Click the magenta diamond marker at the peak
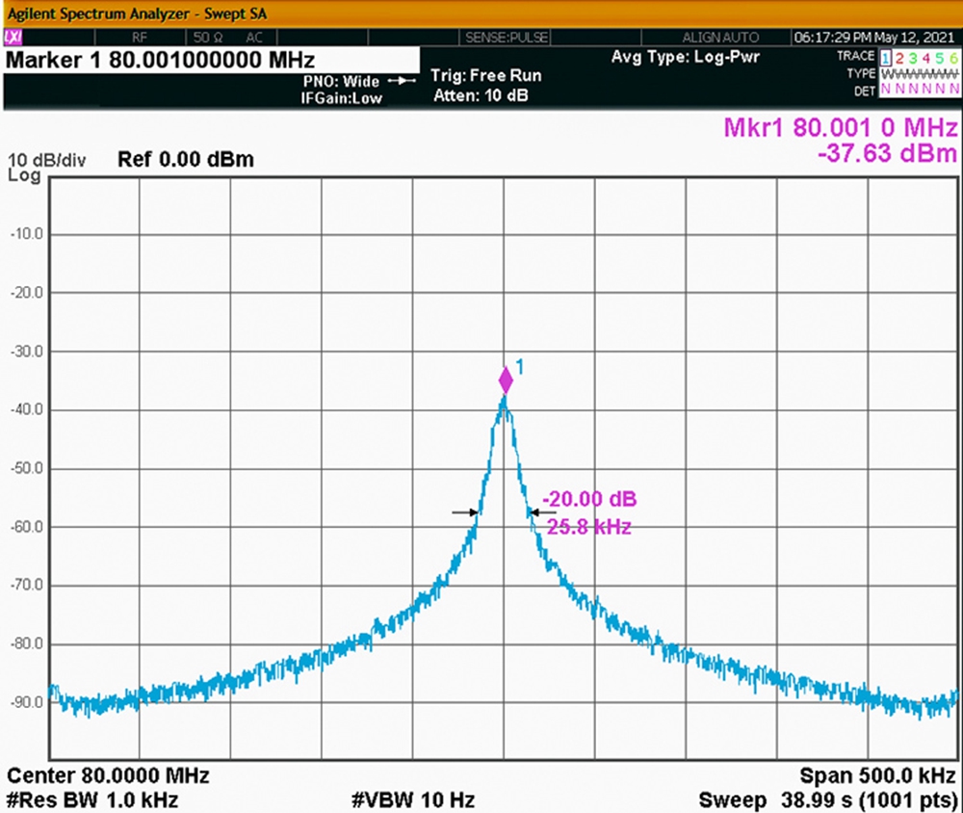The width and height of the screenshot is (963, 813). click(x=506, y=380)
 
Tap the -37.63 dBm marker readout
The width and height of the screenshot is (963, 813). click(x=887, y=153)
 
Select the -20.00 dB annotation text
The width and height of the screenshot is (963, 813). click(x=589, y=498)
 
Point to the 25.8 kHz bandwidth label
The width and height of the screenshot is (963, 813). click(x=589, y=527)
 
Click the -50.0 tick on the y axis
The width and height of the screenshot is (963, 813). click(x=27, y=468)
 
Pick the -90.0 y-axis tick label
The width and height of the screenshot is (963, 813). click(x=27, y=702)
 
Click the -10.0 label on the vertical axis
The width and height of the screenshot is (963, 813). click(x=27, y=234)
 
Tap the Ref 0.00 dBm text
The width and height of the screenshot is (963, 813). click(x=186, y=159)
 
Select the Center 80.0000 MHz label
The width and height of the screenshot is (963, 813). click(x=108, y=775)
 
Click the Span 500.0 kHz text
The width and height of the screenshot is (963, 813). click(x=878, y=775)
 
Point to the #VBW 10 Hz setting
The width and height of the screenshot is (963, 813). click(x=413, y=800)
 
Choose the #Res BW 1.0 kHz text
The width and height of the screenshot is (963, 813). click(x=92, y=800)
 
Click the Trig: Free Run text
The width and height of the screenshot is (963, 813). click(x=485, y=75)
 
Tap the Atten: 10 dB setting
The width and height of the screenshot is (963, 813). click(x=481, y=95)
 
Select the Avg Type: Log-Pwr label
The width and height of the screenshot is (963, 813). click(x=686, y=57)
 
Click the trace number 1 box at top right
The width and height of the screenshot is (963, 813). click(x=886, y=58)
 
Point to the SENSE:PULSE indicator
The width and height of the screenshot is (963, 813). click(x=507, y=38)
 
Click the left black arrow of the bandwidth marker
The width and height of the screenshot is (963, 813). click(x=465, y=511)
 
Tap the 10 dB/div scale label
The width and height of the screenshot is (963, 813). click(x=46, y=161)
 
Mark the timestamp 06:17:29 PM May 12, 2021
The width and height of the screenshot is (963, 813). click(x=874, y=38)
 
